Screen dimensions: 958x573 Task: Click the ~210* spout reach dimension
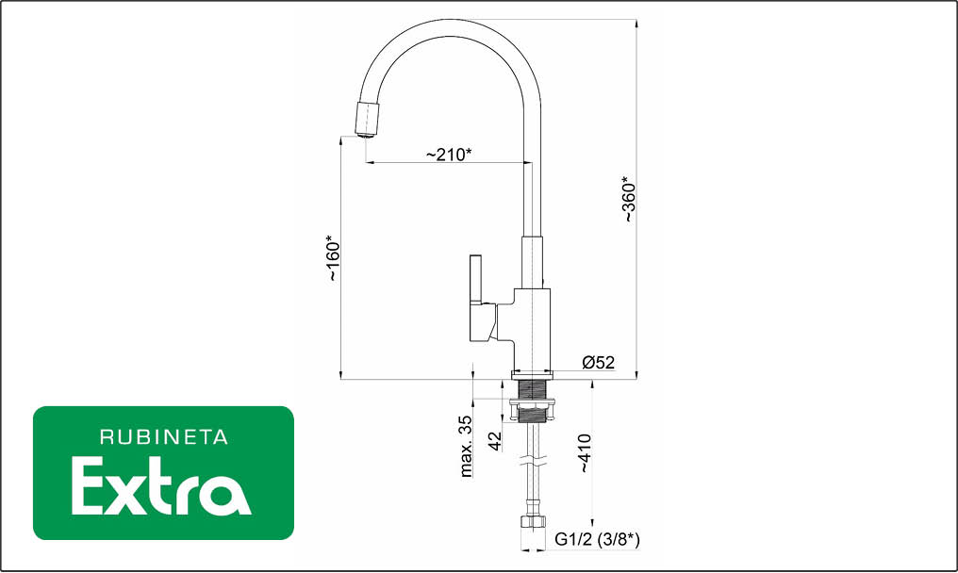(449, 154)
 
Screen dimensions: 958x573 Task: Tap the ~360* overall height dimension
(629, 199)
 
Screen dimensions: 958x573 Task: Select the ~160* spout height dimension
(333, 258)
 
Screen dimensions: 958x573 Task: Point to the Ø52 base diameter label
(598, 362)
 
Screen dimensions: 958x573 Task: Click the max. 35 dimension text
(466, 446)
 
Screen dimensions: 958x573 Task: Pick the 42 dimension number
(495, 441)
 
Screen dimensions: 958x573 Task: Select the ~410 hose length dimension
(585, 452)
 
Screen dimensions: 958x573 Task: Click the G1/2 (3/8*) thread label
(597, 539)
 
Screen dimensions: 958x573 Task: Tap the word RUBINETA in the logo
(164, 437)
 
